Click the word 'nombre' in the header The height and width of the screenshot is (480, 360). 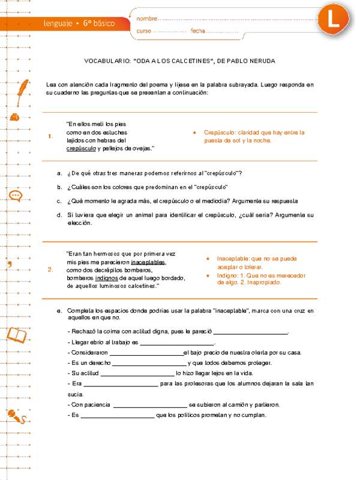[148, 19]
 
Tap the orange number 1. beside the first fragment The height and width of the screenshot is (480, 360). [50, 136]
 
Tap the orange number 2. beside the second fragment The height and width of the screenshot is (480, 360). [50, 269]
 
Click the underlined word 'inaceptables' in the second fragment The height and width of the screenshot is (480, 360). [148, 262]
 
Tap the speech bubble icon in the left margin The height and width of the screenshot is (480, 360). [15, 195]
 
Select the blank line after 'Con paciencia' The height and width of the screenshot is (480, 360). [150, 405]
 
